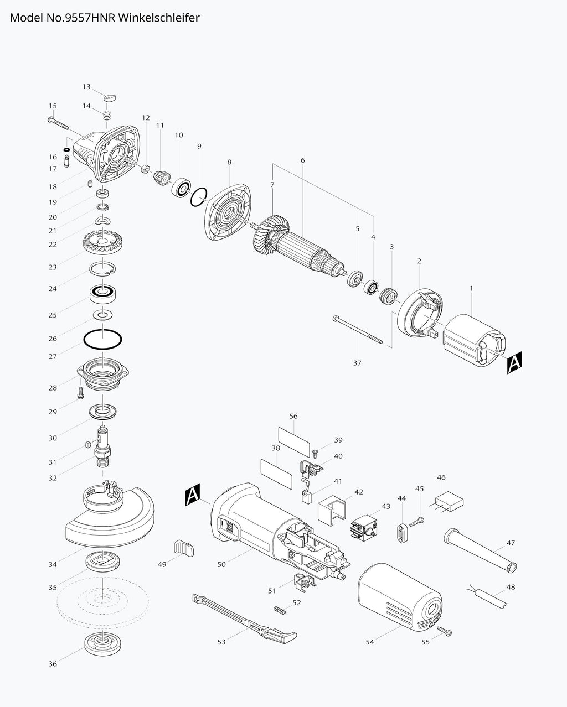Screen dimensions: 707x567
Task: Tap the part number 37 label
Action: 357,363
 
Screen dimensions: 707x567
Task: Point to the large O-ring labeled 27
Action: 102,339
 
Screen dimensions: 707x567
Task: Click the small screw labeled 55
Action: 444,631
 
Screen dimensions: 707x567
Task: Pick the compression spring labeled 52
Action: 282,610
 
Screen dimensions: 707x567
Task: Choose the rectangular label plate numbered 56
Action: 294,435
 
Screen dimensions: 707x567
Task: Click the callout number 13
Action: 86,87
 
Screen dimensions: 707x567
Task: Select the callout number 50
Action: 221,564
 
